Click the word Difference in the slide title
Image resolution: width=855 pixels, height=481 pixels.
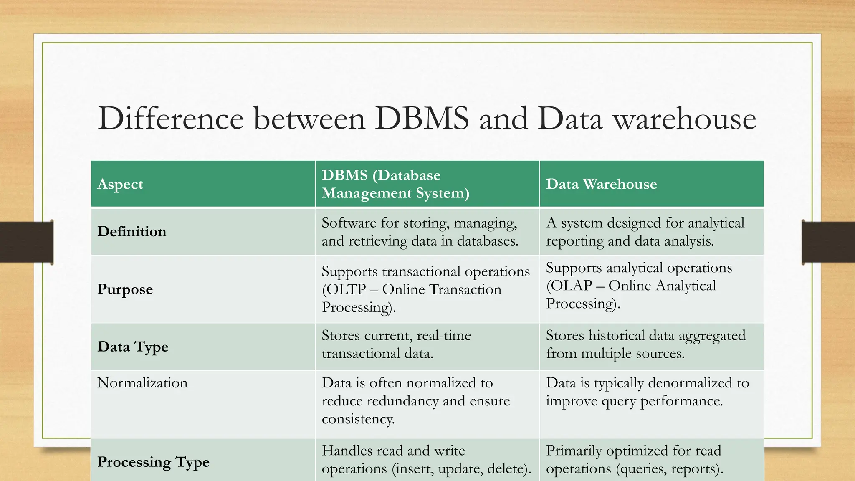coord(170,119)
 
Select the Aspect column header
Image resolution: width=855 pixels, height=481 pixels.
coord(120,184)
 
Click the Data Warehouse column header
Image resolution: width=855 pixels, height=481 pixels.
coord(601,184)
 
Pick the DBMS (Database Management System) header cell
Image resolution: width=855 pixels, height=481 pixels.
coord(395,184)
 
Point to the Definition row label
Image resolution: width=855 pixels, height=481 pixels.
coord(132,232)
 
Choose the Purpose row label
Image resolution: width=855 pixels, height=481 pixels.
coord(125,289)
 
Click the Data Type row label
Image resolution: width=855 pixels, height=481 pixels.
coord(133,347)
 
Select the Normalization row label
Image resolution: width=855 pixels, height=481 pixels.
coord(142,383)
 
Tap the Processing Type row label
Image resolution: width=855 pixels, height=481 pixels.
coord(153,462)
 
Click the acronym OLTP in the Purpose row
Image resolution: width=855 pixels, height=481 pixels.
coord(344,289)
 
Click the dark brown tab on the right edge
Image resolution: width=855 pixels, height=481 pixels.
coord(828,243)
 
